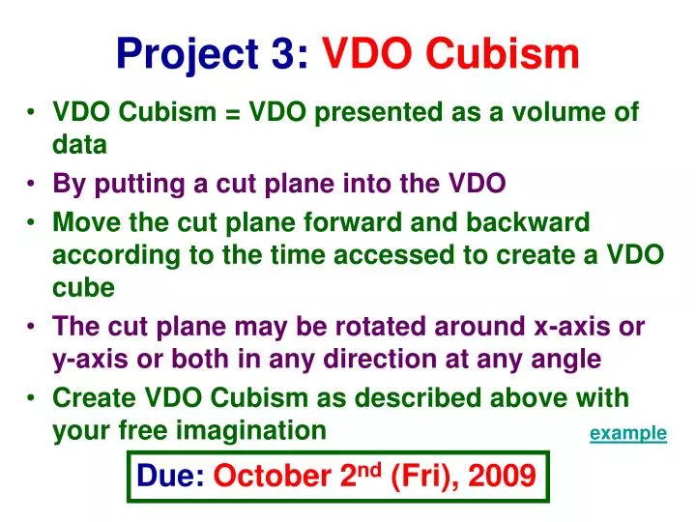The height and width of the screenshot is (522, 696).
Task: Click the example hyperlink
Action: click(x=627, y=433)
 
